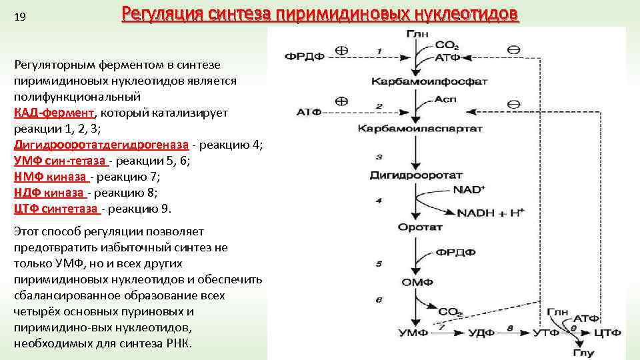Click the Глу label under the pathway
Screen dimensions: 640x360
click(x=583, y=353)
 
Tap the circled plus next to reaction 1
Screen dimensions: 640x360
click(x=341, y=50)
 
